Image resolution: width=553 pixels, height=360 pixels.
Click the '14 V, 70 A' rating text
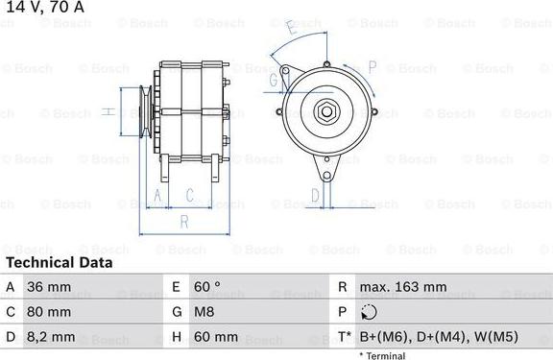point(43,8)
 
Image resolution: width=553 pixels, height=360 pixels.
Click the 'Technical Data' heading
point(59,262)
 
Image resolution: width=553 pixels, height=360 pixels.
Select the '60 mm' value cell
point(217,337)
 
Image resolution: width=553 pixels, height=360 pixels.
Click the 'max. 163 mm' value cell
point(402,287)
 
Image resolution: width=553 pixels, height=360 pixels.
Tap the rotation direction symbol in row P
point(372,312)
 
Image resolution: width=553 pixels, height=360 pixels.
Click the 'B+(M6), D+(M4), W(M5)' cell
point(436,337)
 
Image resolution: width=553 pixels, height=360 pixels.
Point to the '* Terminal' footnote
point(382,355)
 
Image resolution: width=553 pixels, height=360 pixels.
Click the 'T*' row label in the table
point(344,337)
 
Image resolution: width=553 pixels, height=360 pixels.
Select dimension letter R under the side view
point(183,220)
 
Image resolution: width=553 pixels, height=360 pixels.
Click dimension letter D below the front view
point(315,196)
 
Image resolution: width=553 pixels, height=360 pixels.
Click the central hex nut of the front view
point(326,112)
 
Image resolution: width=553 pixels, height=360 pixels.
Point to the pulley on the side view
point(144,112)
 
